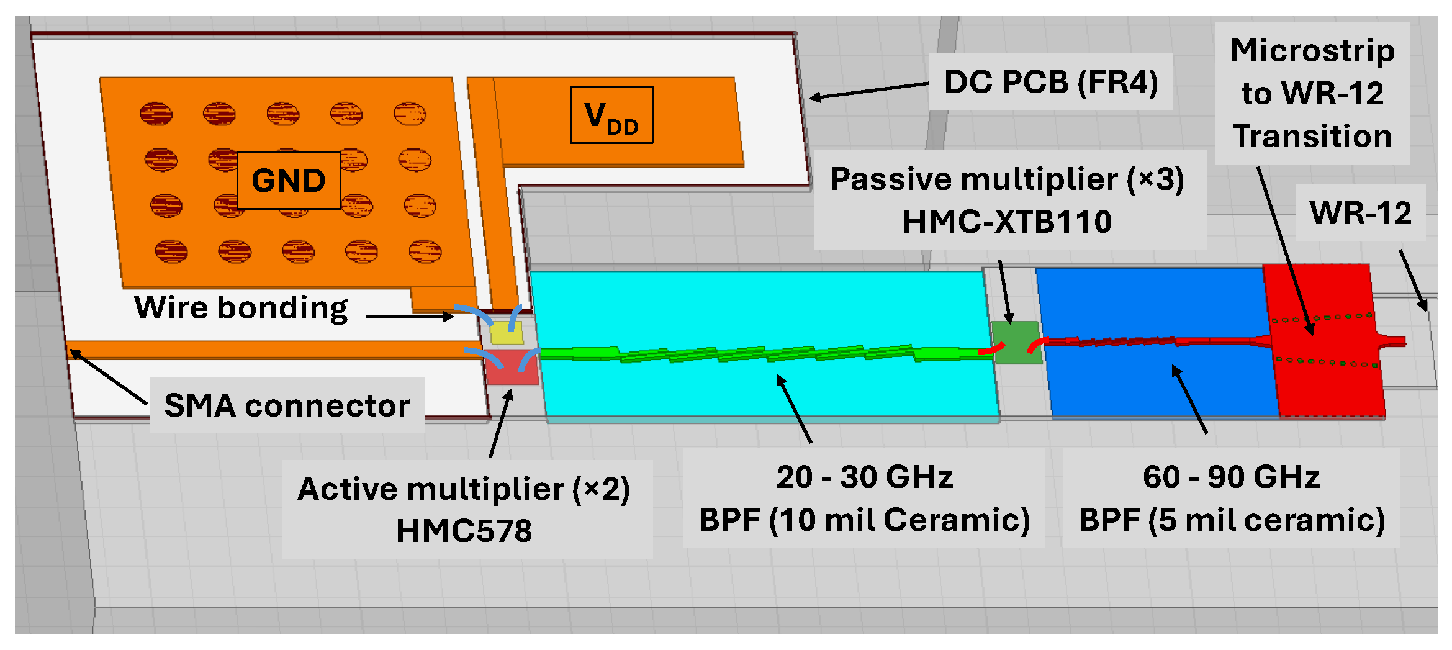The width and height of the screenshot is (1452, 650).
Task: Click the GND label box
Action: coord(289,181)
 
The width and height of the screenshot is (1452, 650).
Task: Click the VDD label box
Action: coord(611,115)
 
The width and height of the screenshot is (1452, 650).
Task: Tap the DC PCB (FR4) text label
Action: coord(1050,82)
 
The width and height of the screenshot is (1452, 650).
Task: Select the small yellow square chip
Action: coord(507,333)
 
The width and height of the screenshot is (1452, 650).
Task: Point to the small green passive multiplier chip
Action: coord(1016,343)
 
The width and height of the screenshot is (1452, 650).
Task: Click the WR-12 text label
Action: coord(1360,213)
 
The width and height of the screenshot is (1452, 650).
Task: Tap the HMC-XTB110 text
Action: coord(1007,222)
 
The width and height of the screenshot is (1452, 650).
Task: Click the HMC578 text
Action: coord(464,531)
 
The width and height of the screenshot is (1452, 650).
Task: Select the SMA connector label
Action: coord(287,405)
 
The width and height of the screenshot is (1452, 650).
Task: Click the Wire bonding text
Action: coord(241,307)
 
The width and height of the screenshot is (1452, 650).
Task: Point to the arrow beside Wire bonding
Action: coord(410,317)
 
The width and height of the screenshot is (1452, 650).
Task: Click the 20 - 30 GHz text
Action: coord(864,477)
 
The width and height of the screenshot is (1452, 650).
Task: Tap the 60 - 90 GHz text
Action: coord(1231,477)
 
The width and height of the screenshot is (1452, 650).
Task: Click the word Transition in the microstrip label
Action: coord(1312,137)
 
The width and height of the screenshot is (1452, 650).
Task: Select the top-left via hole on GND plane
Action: coord(156,114)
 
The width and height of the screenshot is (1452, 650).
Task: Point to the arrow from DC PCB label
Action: coord(869,91)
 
